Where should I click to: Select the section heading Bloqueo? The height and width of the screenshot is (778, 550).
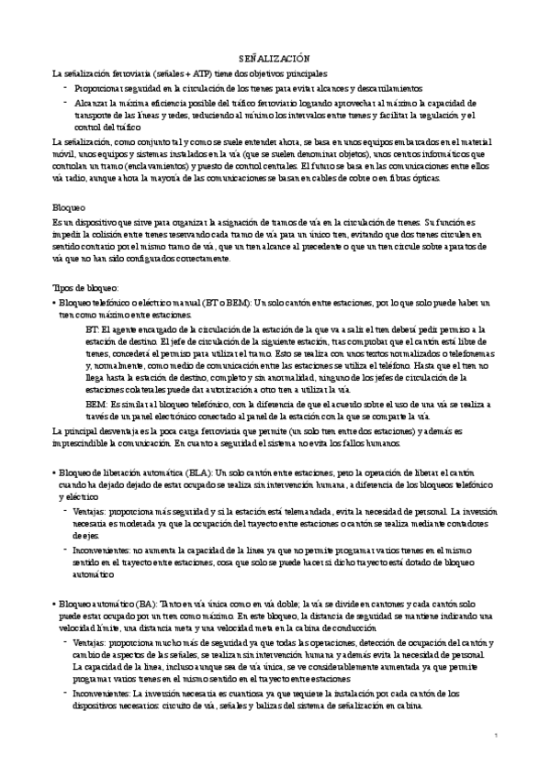point(69,207)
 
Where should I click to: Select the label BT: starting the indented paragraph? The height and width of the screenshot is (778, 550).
point(91,328)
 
